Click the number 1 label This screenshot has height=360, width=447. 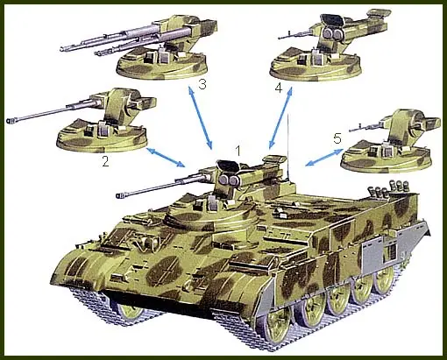click(238, 151)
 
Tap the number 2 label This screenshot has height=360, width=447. click(105, 161)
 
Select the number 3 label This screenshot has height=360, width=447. click(202, 84)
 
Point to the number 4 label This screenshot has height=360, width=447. click(279, 88)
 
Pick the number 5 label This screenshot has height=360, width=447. click(337, 138)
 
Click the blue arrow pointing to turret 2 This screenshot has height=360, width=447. click(166, 158)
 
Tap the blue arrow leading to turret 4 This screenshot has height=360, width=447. click(280, 117)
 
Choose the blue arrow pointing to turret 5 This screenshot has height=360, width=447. click(324, 158)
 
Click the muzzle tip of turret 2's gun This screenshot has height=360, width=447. click(9, 121)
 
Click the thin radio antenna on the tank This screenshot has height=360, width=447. click(288, 147)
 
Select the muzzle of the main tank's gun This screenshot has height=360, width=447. click(119, 195)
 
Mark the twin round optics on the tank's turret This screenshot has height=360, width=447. click(229, 180)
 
